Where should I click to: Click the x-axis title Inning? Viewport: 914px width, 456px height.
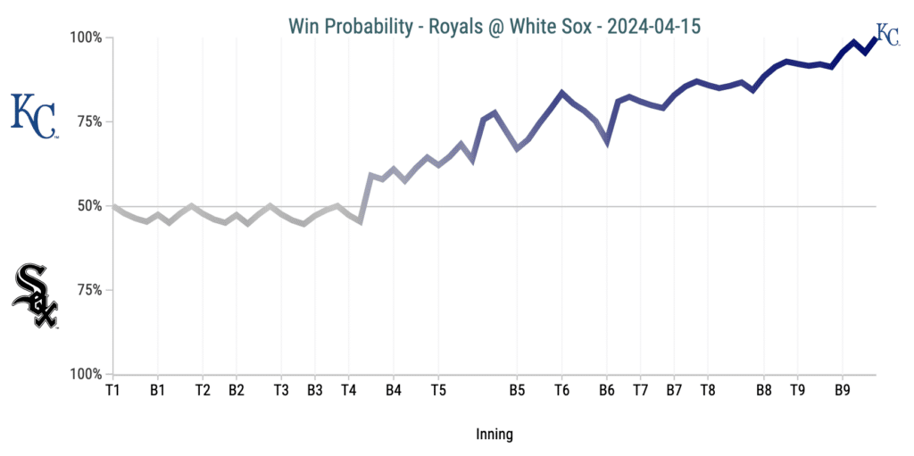pyautogui.click(x=494, y=435)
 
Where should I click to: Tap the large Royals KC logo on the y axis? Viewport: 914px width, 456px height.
pyautogui.click(x=34, y=116)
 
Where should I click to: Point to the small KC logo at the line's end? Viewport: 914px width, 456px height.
pyautogui.click(x=887, y=34)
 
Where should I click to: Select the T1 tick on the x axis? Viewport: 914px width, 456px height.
pyautogui.click(x=112, y=390)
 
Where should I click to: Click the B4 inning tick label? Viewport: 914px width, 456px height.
pyautogui.click(x=394, y=390)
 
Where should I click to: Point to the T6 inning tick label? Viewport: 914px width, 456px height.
pyautogui.click(x=561, y=390)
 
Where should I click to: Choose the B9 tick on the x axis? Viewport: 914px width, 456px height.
pyautogui.click(x=843, y=390)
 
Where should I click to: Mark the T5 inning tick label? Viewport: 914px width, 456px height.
pyautogui.click(x=438, y=390)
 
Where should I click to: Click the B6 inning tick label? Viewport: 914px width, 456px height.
pyautogui.click(x=607, y=390)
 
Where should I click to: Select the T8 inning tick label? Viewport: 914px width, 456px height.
pyautogui.click(x=708, y=390)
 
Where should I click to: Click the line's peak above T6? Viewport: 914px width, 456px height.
pyautogui.click(x=561, y=93)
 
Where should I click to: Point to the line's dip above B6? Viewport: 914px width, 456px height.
pyautogui.click(x=607, y=141)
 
